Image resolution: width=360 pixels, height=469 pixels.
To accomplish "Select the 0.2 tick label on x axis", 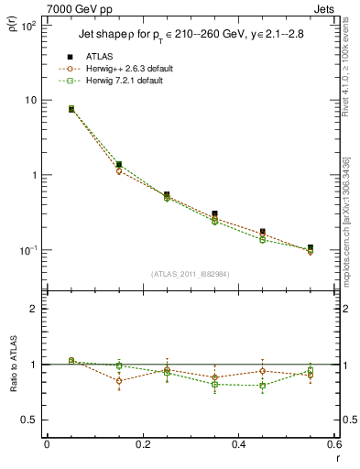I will (x=143, y=446).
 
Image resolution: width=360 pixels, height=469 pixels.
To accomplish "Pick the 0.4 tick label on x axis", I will (x=239, y=446).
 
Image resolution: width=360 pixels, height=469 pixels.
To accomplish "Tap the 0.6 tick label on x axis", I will (x=334, y=446).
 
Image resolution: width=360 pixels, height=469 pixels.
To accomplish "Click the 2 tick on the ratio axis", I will (x=32, y=309).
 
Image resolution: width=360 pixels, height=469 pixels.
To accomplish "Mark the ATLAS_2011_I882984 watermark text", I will (x=191, y=273).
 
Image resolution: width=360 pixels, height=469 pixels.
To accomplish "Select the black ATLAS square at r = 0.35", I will (x=214, y=214).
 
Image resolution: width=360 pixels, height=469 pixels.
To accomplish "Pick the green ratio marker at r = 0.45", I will (x=263, y=386).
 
